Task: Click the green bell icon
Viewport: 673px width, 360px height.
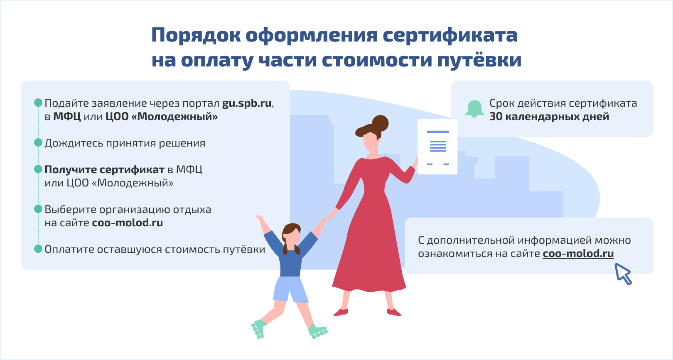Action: pyautogui.click(x=474, y=109)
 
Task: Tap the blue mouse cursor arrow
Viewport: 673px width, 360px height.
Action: pyautogui.click(x=622, y=274)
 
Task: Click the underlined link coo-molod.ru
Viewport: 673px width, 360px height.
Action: pyautogui.click(x=578, y=254)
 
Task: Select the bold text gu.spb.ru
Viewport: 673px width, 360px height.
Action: pyautogui.click(x=247, y=103)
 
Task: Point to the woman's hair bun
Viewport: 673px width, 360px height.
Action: pyautogui.click(x=381, y=123)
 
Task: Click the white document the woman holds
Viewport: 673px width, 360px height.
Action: pyautogui.click(x=437, y=147)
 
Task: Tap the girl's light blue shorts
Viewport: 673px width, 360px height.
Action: pyautogui.click(x=290, y=289)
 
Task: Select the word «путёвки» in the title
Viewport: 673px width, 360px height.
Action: pyautogui.click(x=479, y=60)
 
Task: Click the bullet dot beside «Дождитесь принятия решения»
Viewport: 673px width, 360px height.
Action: pyautogui.click(x=38, y=142)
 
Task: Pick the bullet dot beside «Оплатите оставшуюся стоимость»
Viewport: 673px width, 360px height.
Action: pyautogui.click(x=38, y=249)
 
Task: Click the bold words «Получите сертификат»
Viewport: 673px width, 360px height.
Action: pyautogui.click(x=104, y=170)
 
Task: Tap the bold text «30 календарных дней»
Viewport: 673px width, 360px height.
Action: pyautogui.click(x=549, y=117)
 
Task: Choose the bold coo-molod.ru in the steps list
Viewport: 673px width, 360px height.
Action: pyautogui.click(x=128, y=223)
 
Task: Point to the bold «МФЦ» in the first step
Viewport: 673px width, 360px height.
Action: pyautogui.click(x=67, y=117)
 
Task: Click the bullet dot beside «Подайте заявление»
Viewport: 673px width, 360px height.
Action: pyautogui.click(x=38, y=103)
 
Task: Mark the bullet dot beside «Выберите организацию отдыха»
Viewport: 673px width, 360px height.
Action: pyautogui.click(x=38, y=209)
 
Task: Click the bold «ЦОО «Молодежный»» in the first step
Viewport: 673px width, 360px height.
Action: pyautogui.click(x=162, y=117)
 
